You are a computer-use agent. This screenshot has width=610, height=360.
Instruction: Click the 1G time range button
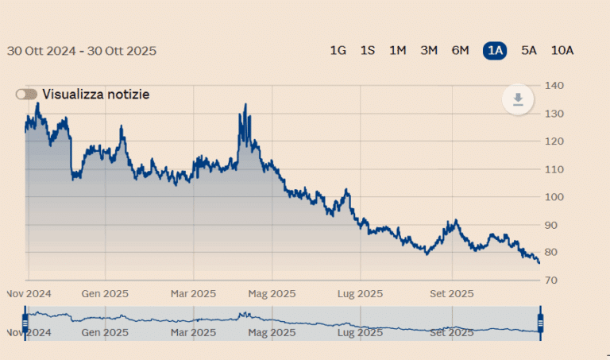point(338,51)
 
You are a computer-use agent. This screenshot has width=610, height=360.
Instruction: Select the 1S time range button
point(368,51)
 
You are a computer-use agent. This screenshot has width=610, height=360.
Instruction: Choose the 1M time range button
point(398,51)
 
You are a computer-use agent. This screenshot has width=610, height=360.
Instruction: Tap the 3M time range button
point(429,51)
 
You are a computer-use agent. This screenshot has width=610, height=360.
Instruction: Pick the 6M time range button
point(460,51)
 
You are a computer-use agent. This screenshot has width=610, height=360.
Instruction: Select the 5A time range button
point(529,51)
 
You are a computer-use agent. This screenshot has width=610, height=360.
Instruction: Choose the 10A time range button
point(562,51)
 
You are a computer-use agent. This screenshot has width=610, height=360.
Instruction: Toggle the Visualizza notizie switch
point(26,95)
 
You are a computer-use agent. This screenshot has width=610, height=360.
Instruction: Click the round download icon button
point(518,99)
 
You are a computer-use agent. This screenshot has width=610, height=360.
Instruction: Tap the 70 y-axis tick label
point(551,281)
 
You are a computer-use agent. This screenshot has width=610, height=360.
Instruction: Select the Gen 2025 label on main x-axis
point(105,293)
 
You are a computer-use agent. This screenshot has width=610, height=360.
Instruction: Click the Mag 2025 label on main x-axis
point(272,293)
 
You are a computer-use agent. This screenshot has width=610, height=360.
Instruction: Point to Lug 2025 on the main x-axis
point(360,293)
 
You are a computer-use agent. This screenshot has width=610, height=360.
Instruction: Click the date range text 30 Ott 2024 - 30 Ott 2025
point(82,51)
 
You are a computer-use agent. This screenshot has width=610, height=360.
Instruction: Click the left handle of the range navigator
point(25,323)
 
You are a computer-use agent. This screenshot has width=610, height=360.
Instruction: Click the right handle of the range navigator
point(541,323)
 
